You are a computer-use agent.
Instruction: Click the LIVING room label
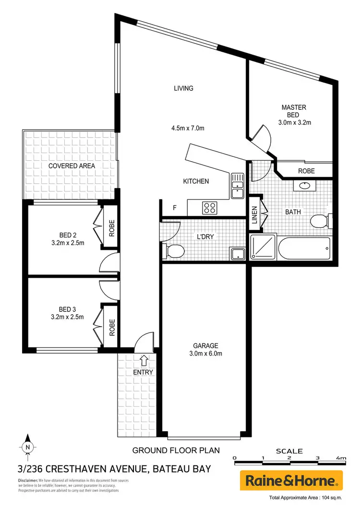click(x=183, y=88)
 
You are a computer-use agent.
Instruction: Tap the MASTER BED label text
click(x=294, y=111)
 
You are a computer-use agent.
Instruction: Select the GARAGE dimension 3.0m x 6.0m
click(x=206, y=354)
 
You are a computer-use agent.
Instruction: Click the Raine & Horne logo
click(x=291, y=480)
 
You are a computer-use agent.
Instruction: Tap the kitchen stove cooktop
click(x=210, y=208)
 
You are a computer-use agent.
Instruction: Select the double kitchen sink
click(x=237, y=186)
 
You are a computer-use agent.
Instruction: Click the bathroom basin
click(x=304, y=186)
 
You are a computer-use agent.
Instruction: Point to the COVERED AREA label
click(x=72, y=166)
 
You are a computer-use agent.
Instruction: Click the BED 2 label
click(x=68, y=235)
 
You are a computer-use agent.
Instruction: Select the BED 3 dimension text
click(x=68, y=317)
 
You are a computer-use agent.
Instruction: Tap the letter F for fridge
click(x=175, y=208)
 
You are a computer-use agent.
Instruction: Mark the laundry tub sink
click(x=237, y=254)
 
